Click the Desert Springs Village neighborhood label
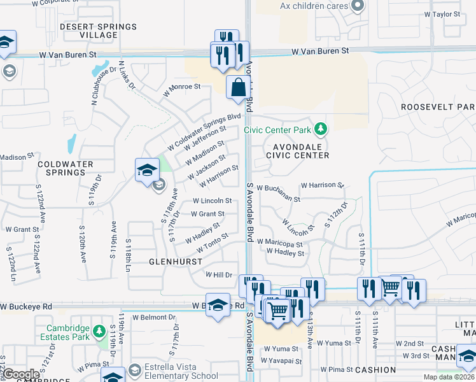98,31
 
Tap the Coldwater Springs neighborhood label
61,168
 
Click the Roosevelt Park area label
438,108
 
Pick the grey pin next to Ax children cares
357,6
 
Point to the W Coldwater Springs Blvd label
204,132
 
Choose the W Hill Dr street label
219,274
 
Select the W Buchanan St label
278,193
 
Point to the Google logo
22,374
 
